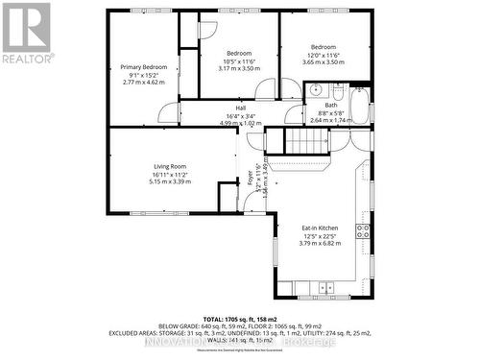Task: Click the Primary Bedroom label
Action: click(x=143, y=67)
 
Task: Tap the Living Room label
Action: click(x=170, y=166)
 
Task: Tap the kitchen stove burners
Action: click(x=364, y=230)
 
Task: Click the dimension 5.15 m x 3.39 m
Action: click(x=170, y=181)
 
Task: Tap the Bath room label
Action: click(x=330, y=106)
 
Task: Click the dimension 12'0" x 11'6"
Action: click(x=324, y=55)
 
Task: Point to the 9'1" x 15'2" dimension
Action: click(x=143, y=75)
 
